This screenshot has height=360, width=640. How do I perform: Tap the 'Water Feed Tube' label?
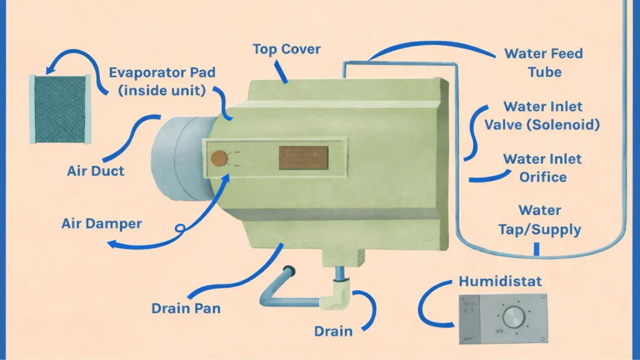click(x=543, y=62)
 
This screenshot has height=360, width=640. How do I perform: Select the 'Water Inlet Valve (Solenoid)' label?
click(x=542, y=116)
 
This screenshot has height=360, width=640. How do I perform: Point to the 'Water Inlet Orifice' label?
click(x=542, y=168)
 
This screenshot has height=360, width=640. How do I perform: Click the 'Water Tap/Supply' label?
click(x=539, y=220)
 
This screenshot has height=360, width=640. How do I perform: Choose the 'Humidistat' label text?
click(x=500, y=281)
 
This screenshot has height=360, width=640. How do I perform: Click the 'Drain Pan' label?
click(x=186, y=308)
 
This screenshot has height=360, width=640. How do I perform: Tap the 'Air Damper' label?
click(x=102, y=223)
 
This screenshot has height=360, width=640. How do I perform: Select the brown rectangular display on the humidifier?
click(x=303, y=157)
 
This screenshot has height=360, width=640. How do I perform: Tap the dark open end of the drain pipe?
click(x=289, y=271)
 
